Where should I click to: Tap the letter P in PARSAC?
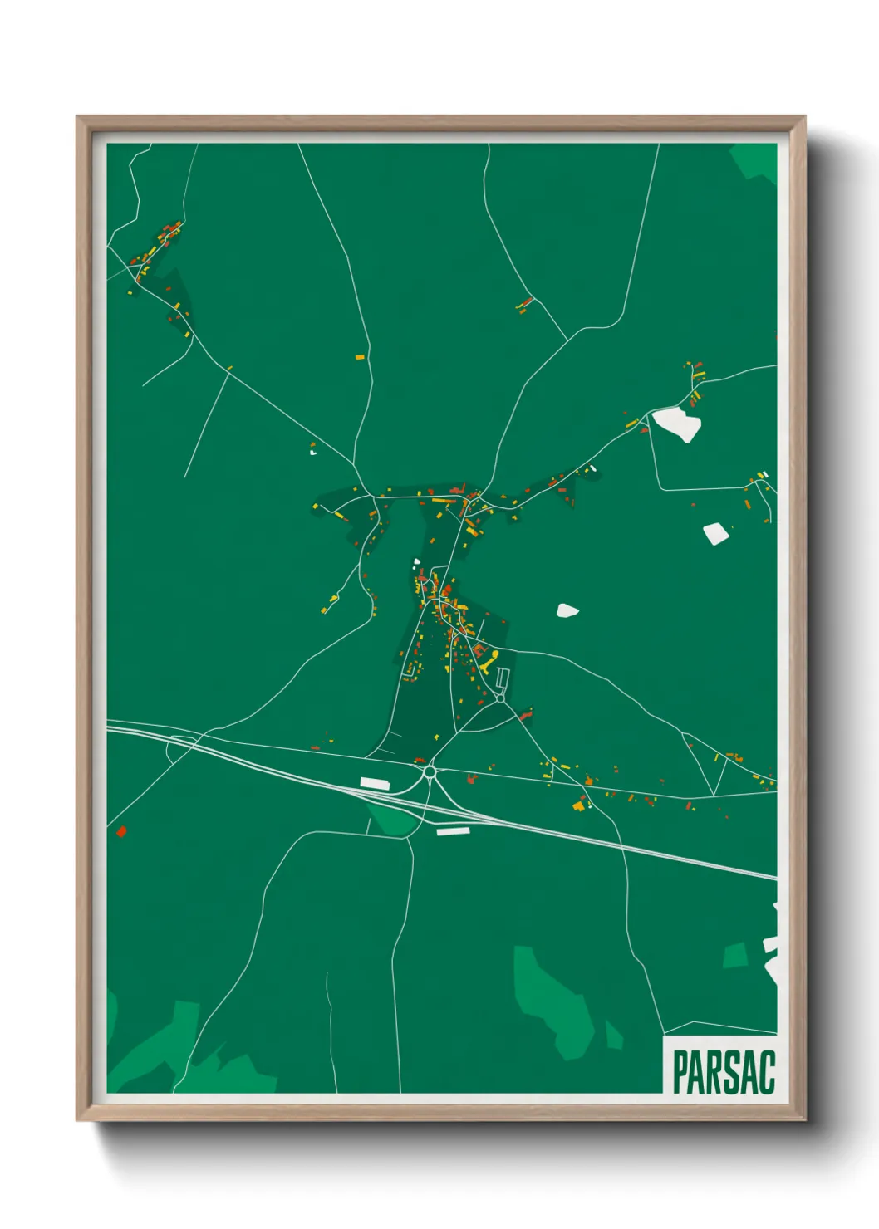(680, 1072)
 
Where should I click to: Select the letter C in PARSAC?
(767, 1072)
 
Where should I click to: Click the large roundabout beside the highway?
(430, 772)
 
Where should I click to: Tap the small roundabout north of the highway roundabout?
(500, 698)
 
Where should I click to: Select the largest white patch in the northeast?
(678, 424)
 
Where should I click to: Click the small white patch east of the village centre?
(567, 611)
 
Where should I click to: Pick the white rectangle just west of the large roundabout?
(375, 783)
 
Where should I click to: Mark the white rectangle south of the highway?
(453, 830)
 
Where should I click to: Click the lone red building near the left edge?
(121, 830)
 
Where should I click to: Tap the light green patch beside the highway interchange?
(393, 817)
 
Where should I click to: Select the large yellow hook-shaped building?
(489, 661)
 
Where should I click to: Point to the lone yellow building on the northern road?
(360, 357)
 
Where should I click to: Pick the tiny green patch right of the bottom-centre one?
(613, 1036)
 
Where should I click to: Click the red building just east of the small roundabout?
(524, 714)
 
